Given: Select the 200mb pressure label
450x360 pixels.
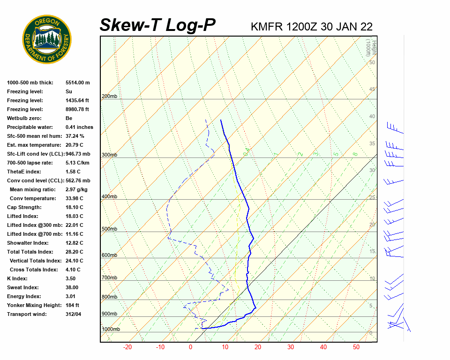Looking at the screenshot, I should [x=109, y=96].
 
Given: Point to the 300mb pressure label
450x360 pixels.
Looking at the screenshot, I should [x=109, y=155].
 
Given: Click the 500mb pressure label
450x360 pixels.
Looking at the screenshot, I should [x=109, y=229].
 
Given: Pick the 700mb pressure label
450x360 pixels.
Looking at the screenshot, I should [x=109, y=278].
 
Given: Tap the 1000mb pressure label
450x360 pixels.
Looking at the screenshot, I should [x=111, y=329].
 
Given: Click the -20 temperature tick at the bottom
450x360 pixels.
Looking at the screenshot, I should [x=127, y=347].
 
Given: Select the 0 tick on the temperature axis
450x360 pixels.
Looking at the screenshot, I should [x=190, y=347].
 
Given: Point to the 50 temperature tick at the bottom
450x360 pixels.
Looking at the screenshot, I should [x=356, y=347].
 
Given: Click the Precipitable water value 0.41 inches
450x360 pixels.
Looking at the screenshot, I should [x=79, y=127].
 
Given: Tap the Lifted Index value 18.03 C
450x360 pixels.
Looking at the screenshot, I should [x=74, y=216].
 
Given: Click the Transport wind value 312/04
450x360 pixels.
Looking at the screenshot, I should [x=73, y=314].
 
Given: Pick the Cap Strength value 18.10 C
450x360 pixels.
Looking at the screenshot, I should [x=74, y=207].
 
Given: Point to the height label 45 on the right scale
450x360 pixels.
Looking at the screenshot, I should [x=372, y=89].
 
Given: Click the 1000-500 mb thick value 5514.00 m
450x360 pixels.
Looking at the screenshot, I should [x=77, y=82].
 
